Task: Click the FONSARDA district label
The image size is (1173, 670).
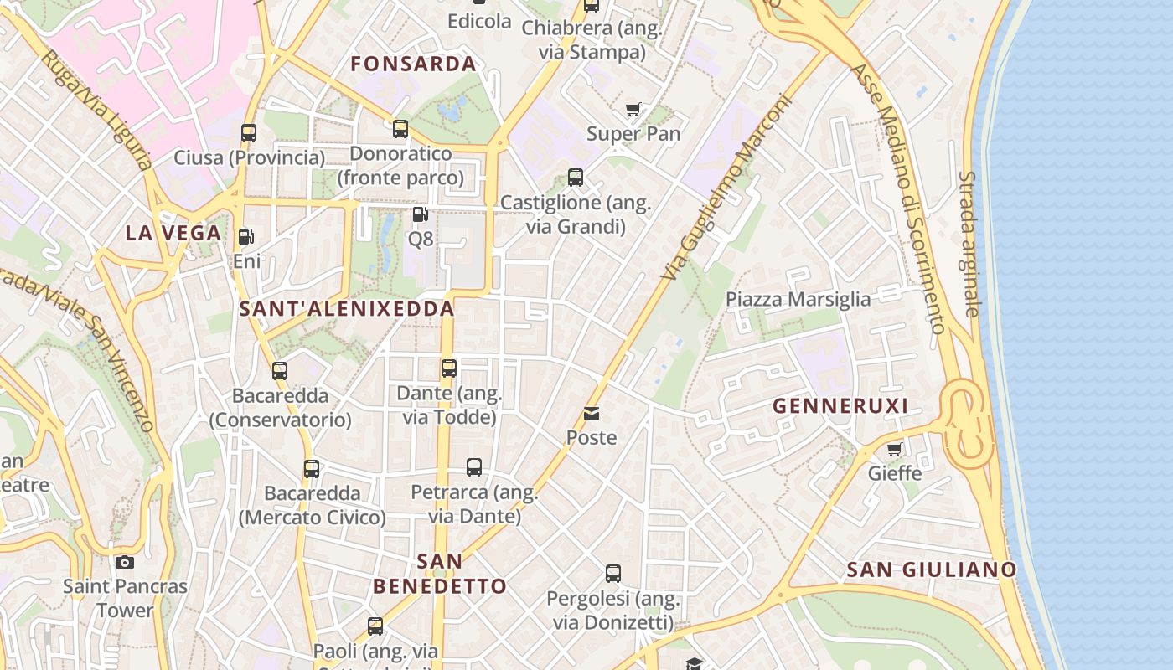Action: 413,64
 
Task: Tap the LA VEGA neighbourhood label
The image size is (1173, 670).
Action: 173,233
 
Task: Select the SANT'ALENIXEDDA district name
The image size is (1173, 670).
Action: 347,308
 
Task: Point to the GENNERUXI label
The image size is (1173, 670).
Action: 840,406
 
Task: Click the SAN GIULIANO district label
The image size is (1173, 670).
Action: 932,569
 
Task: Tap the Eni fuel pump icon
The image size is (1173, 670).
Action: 245,237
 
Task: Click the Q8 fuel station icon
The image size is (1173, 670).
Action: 421,214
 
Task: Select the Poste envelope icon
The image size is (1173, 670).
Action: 592,413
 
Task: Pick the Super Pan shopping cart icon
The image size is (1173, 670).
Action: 633,109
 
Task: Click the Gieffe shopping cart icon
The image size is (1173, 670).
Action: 895,449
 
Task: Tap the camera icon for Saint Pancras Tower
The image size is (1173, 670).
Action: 125,562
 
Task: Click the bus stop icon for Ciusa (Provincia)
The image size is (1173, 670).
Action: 249,132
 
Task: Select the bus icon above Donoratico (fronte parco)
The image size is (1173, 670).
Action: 400,129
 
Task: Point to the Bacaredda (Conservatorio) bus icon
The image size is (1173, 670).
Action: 280,370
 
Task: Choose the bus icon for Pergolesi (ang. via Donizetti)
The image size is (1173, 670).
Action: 613,574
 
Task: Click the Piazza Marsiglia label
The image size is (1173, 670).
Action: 798,299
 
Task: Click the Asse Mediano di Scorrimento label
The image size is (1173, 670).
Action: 900,197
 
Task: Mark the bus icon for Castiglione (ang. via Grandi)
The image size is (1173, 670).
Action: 576,178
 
